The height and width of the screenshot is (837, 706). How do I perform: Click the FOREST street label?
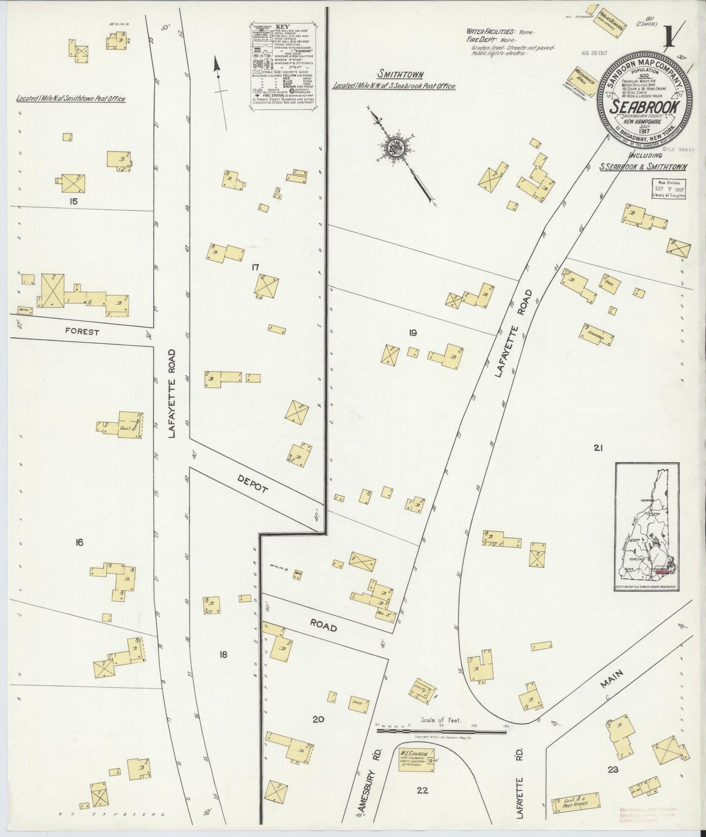(x=83, y=332)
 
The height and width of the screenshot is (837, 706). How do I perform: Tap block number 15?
(x=74, y=200)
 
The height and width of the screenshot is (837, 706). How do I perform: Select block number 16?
(x=79, y=542)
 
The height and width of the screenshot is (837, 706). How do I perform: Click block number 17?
(x=255, y=267)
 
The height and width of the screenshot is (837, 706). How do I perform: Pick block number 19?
(x=413, y=333)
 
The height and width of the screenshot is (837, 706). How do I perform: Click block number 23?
(x=613, y=770)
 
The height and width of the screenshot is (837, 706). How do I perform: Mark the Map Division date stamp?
(x=669, y=188)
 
